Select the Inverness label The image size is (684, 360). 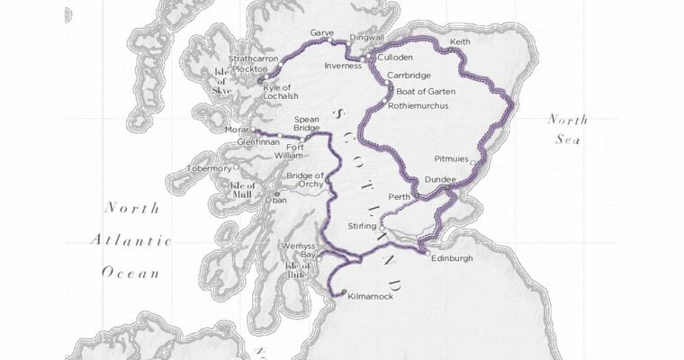(343, 65)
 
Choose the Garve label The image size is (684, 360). (321, 32)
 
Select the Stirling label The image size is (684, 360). (362, 226)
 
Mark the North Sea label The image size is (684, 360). (570, 130)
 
